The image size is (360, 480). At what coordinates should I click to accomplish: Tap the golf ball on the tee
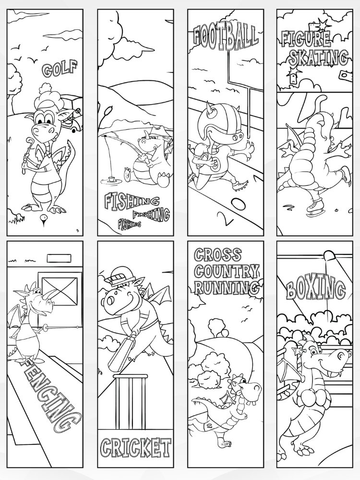(x=44, y=217)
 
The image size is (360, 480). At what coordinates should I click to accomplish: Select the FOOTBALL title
(x=226, y=37)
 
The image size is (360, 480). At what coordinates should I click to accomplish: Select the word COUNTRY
(x=227, y=271)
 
